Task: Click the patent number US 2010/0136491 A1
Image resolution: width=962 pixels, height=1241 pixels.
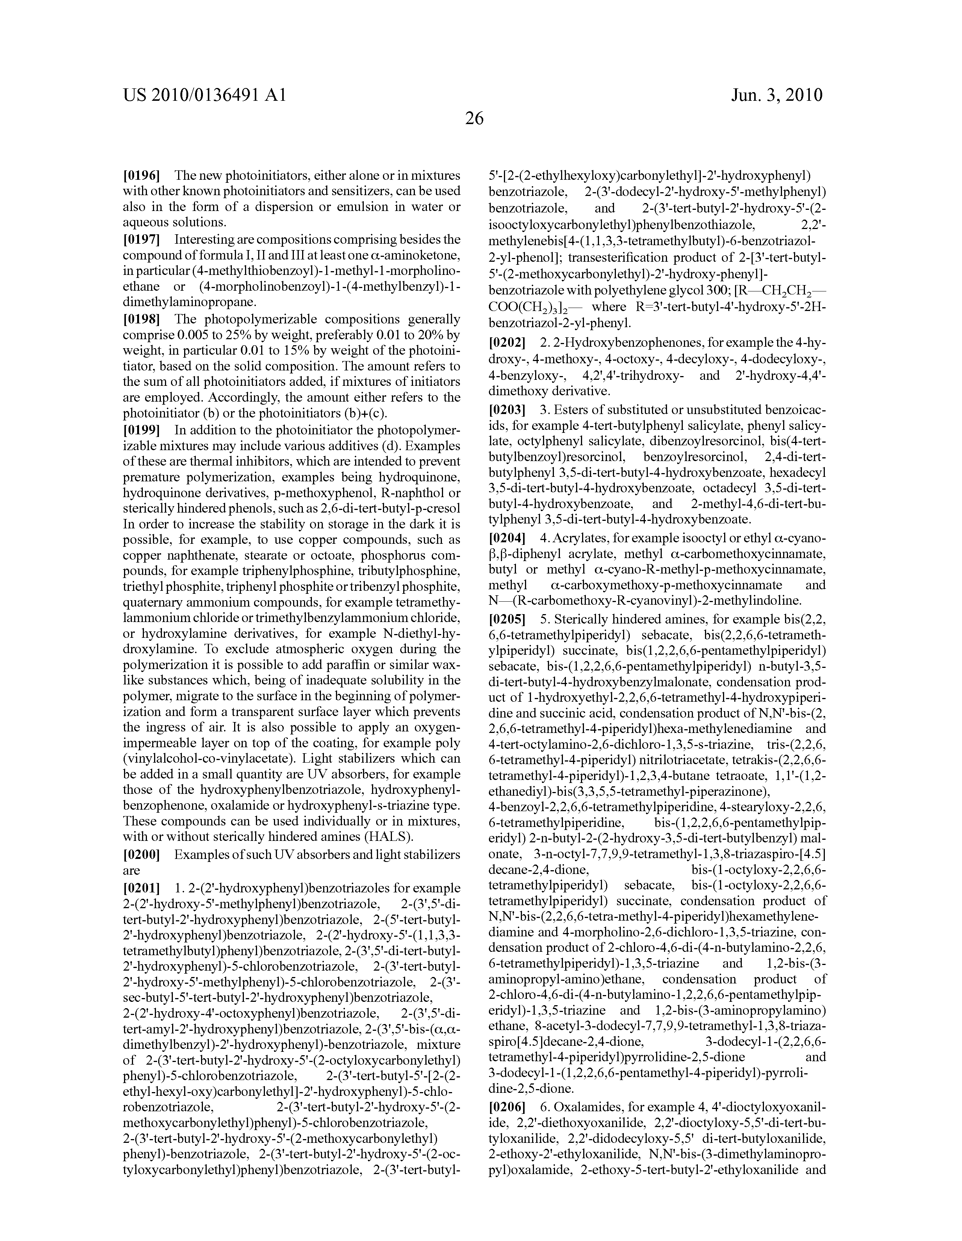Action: [204, 95]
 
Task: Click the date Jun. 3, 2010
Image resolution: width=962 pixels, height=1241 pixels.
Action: [776, 95]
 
